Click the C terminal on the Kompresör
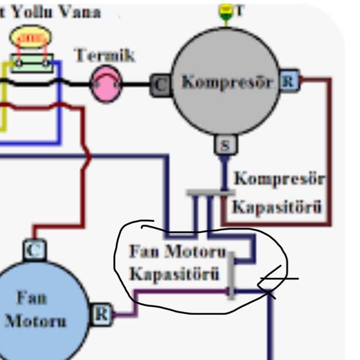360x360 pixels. pyautogui.click(x=160, y=85)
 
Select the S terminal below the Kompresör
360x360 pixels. pyautogui.click(x=225, y=145)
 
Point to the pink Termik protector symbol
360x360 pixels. pyautogui.click(x=105, y=84)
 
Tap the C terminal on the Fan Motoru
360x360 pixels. pyautogui.click(x=34, y=250)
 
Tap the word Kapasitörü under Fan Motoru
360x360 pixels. pyautogui.click(x=174, y=274)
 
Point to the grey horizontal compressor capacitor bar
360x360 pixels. pyautogui.click(x=210, y=192)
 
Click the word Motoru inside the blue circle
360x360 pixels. pyautogui.click(x=36, y=322)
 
